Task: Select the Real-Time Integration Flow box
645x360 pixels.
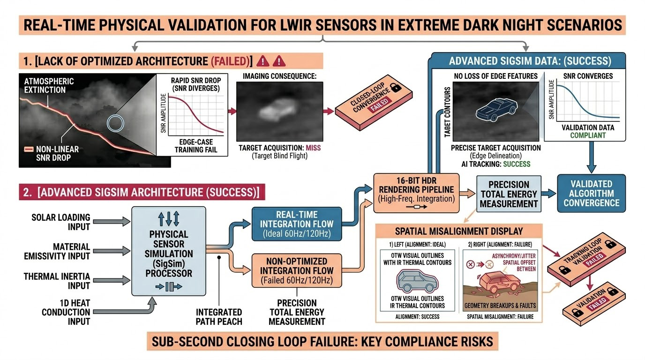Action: pos(297,224)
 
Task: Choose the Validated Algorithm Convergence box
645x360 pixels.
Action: pos(591,194)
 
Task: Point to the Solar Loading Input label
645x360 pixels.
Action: pos(60,223)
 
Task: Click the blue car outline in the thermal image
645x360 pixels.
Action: pos(496,111)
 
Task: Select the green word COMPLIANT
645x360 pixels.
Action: pos(587,135)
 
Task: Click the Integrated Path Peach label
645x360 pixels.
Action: pos(219,316)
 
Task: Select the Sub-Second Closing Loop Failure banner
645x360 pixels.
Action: pos(322,341)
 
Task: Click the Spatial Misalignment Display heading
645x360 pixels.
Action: pos(459,232)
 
